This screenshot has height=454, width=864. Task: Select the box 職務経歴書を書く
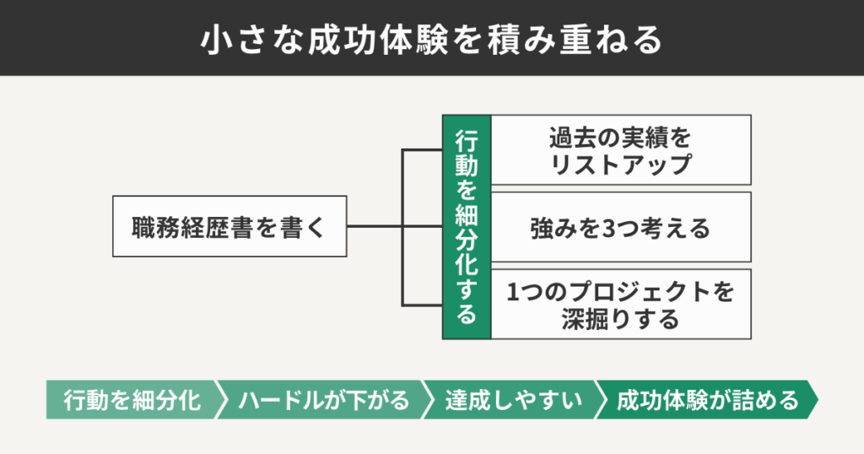[x=229, y=226]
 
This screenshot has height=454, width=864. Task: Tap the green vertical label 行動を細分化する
[x=467, y=226]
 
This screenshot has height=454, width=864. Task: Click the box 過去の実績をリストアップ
[x=620, y=150]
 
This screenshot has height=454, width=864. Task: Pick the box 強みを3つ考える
[x=620, y=227]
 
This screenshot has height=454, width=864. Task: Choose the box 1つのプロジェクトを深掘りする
[x=620, y=305]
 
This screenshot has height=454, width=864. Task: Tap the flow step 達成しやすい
[x=513, y=400]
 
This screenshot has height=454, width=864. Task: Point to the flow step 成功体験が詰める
[x=707, y=400]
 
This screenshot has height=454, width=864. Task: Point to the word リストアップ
[x=620, y=164]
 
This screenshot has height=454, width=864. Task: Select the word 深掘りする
[x=620, y=319]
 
